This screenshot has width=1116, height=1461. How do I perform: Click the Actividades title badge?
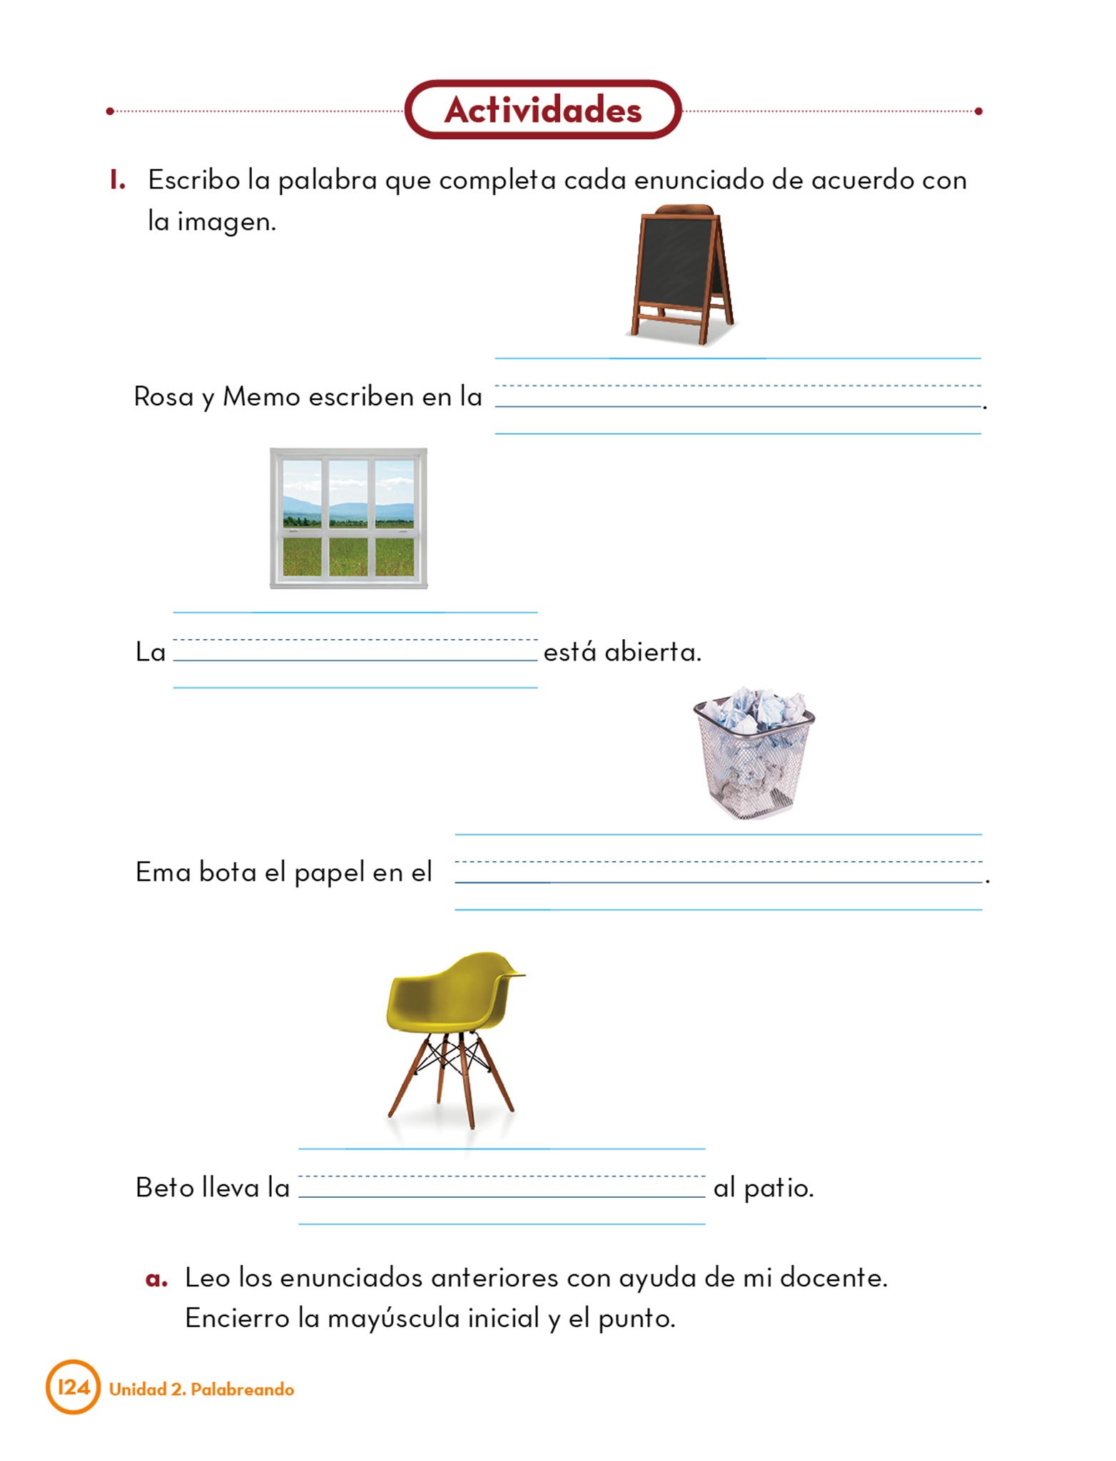pyautogui.click(x=543, y=110)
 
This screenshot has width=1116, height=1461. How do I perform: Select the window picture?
pyautogui.click(x=348, y=518)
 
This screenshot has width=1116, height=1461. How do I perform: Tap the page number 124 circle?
pyautogui.click(x=73, y=1388)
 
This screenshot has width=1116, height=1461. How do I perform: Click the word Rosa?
pyautogui.click(x=163, y=397)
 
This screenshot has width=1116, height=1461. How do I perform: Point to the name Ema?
pyautogui.click(x=162, y=872)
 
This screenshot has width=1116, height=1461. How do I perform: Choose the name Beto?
pyautogui.click(x=164, y=1188)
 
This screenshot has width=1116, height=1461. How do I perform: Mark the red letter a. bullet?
pyautogui.click(x=156, y=1279)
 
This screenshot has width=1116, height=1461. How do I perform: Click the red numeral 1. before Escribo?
pyautogui.click(x=118, y=180)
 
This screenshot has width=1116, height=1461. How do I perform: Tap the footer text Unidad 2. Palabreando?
pyautogui.click(x=201, y=1389)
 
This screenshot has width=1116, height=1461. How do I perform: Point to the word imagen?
pyautogui.click(x=225, y=223)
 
